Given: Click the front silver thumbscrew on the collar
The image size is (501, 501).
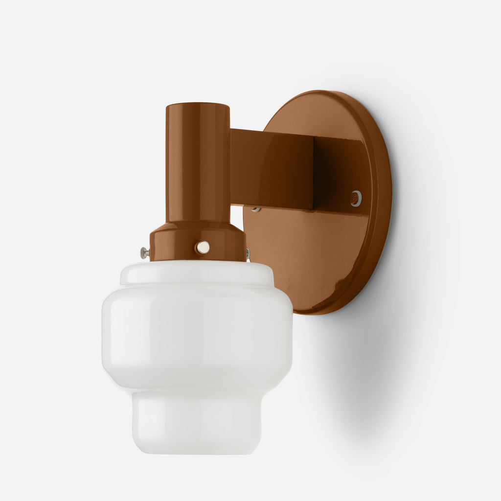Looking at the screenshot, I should [203, 248].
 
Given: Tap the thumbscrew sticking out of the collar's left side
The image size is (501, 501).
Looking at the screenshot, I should [144, 252].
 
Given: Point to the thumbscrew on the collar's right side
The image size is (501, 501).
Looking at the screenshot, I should [248, 253].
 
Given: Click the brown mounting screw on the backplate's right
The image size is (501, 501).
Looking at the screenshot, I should [356, 198].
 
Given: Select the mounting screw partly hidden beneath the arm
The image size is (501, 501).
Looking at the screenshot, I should [255, 209].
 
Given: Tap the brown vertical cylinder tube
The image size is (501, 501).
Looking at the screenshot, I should [198, 166].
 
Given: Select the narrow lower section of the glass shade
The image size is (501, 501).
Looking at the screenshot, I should [197, 421].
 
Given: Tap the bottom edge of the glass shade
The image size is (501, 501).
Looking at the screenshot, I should [197, 452].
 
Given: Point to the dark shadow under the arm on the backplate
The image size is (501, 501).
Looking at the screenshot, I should [338, 176].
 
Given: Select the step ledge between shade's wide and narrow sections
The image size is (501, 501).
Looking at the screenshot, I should [197, 390].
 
